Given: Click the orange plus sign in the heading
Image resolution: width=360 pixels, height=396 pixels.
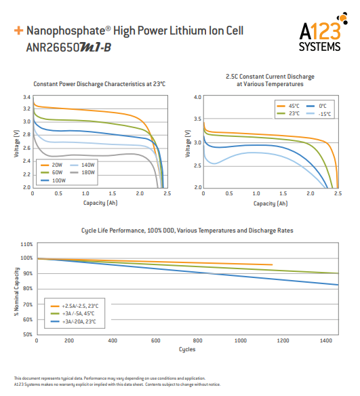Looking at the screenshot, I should (x=18, y=31).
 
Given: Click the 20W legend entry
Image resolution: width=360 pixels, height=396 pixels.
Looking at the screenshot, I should (x=56, y=165).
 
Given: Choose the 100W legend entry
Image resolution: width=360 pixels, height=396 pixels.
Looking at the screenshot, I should (x=57, y=180).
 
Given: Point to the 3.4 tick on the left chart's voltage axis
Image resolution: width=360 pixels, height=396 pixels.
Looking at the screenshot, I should (x=26, y=98).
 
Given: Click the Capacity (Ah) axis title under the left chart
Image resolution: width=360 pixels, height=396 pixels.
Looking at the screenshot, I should (x=100, y=203).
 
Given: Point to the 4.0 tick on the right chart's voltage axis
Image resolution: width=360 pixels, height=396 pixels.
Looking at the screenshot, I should (x=198, y=98).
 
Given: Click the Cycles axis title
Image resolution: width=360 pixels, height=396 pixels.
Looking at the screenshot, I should (x=187, y=349).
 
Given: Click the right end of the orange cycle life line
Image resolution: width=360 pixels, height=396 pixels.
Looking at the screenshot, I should (x=272, y=265).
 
